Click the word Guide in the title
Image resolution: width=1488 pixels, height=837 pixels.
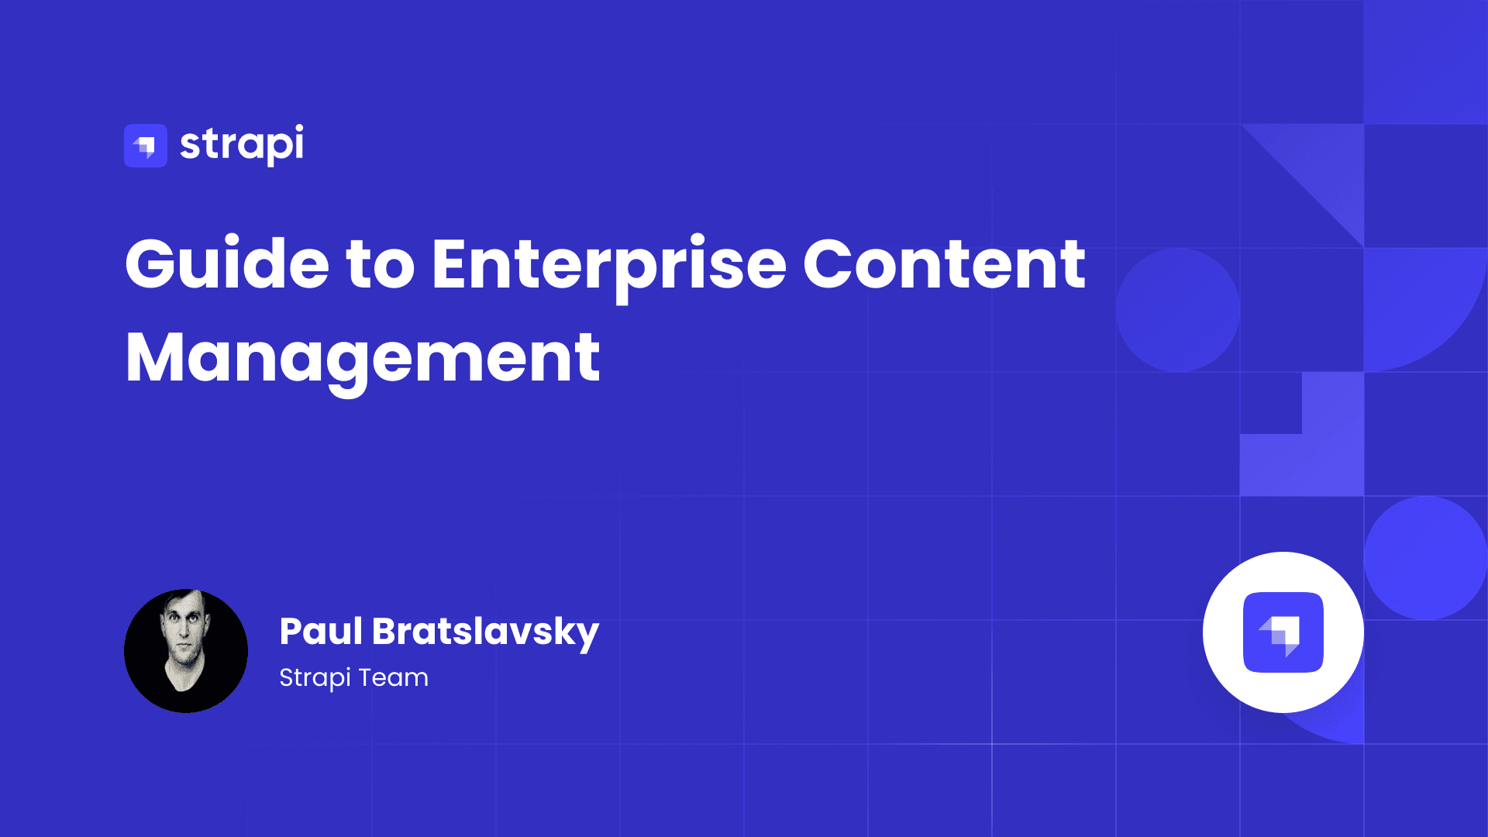[x=227, y=263]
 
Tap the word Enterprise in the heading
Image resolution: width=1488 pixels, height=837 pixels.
[x=608, y=267]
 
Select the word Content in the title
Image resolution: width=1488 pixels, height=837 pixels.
[x=944, y=263]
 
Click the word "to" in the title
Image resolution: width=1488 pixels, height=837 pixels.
[x=381, y=266]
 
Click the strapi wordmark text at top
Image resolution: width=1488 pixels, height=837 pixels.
[x=242, y=145]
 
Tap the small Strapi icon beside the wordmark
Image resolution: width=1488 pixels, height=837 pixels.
[x=146, y=146]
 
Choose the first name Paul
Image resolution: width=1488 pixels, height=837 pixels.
[x=321, y=631]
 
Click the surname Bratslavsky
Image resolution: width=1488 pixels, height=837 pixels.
[x=486, y=632]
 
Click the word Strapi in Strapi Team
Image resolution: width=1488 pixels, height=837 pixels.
[x=315, y=678]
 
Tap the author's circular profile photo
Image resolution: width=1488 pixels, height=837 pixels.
[x=186, y=651]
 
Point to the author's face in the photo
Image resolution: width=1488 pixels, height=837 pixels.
[x=184, y=632]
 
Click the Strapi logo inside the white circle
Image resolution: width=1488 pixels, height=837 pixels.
[x=1283, y=632]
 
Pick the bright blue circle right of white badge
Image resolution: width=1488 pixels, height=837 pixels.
[x=1426, y=558]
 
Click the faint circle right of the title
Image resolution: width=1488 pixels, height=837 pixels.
[x=1178, y=310]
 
